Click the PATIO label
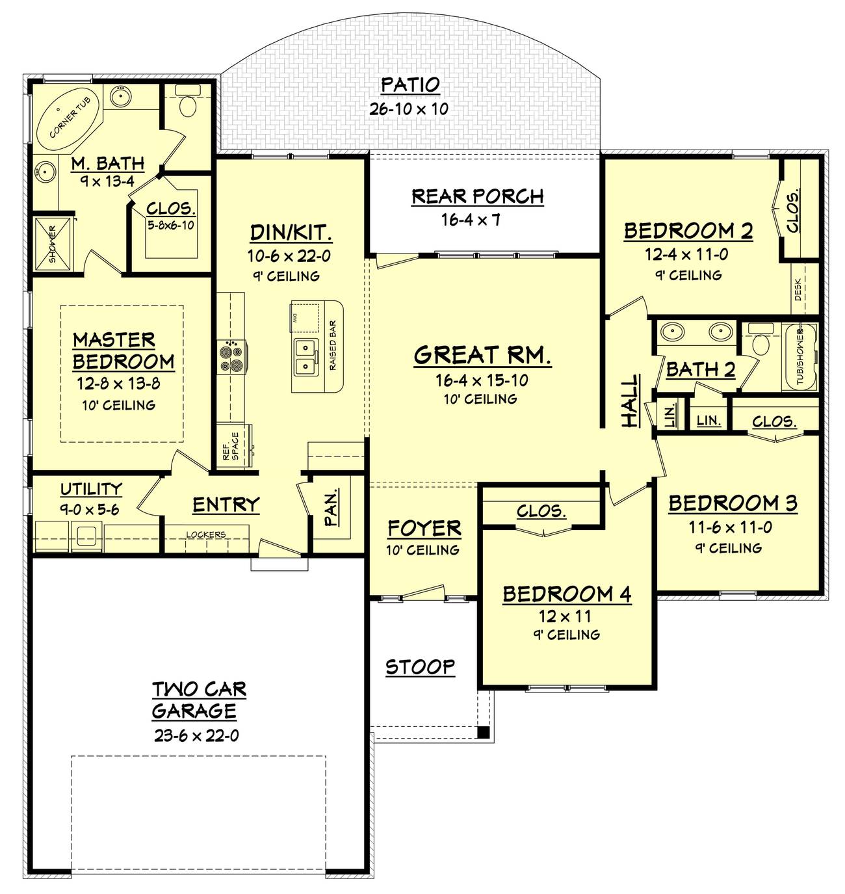coord(409,85)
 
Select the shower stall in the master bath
coord(53,244)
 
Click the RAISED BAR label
coord(332,345)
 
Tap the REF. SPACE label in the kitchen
coord(231,446)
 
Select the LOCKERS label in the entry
coord(205,534)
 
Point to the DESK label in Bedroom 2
coord(798,289)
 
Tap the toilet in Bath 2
coord(760,339)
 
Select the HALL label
coord(630,400)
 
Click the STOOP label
coord(420,667)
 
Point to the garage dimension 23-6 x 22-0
coord(196,736)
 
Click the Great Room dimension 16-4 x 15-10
coord(482,380)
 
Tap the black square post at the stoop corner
coord(484,733)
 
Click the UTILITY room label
coord(91,490)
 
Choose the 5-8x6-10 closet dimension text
coord(171,224)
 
